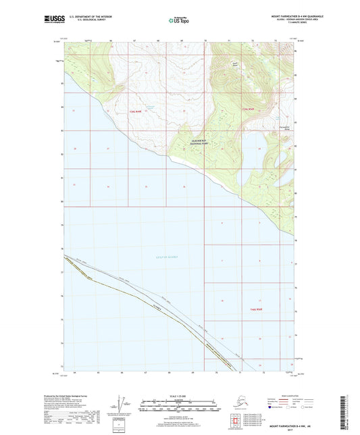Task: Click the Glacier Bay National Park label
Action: point(200,143)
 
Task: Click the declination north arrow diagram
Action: point(121,405)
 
